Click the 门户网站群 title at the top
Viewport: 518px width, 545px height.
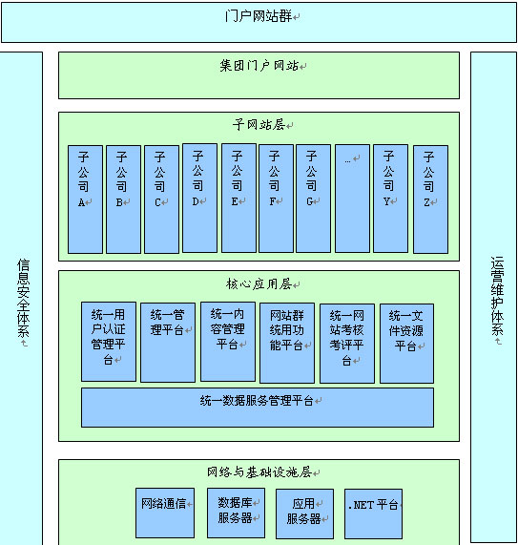coord(259,16)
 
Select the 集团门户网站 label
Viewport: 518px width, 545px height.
coord(259,65)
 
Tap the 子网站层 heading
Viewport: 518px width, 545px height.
coord(259,124)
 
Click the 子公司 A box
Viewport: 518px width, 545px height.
coord(85,199)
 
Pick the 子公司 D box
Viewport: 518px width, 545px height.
coord(199,199)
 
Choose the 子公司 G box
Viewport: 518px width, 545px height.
coord(313,199)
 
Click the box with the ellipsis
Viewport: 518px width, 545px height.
coord(352,199)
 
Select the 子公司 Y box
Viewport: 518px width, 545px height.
coord(390,199)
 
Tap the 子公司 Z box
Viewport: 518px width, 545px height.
coord(430,199)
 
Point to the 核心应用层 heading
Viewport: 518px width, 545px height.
coord(259,284)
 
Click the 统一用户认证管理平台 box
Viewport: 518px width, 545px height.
coord(109,342)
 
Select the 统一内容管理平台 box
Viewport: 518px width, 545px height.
coord(228,342)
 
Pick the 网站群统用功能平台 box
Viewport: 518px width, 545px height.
coord(287,343)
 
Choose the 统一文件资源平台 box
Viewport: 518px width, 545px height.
coord(406,344)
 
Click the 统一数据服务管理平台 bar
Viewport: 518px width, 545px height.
coord(258,408)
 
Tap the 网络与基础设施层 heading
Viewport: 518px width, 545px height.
coord(259,472)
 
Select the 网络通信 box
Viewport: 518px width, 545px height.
coord(165,513)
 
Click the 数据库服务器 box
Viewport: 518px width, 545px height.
coord(237,513)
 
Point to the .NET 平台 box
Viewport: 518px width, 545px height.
coord(373,514)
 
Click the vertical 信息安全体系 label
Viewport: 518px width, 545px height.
coord(23,298)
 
